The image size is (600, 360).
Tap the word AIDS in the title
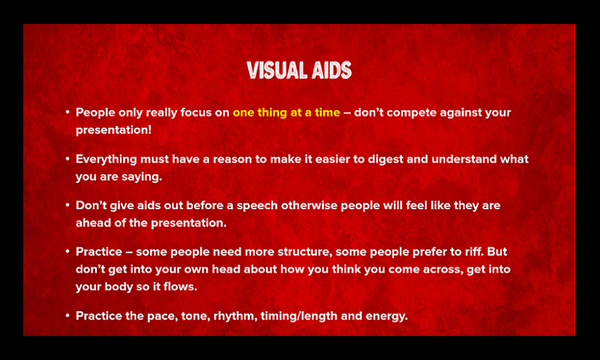[x=331, y=70]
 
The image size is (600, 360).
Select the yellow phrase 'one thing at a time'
[x=286, y=112]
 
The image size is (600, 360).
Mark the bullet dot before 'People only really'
[x=67, y=112]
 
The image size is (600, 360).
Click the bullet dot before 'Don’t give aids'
[x=67, y=205]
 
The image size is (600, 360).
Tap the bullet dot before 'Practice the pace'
[x=67, y=315]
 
